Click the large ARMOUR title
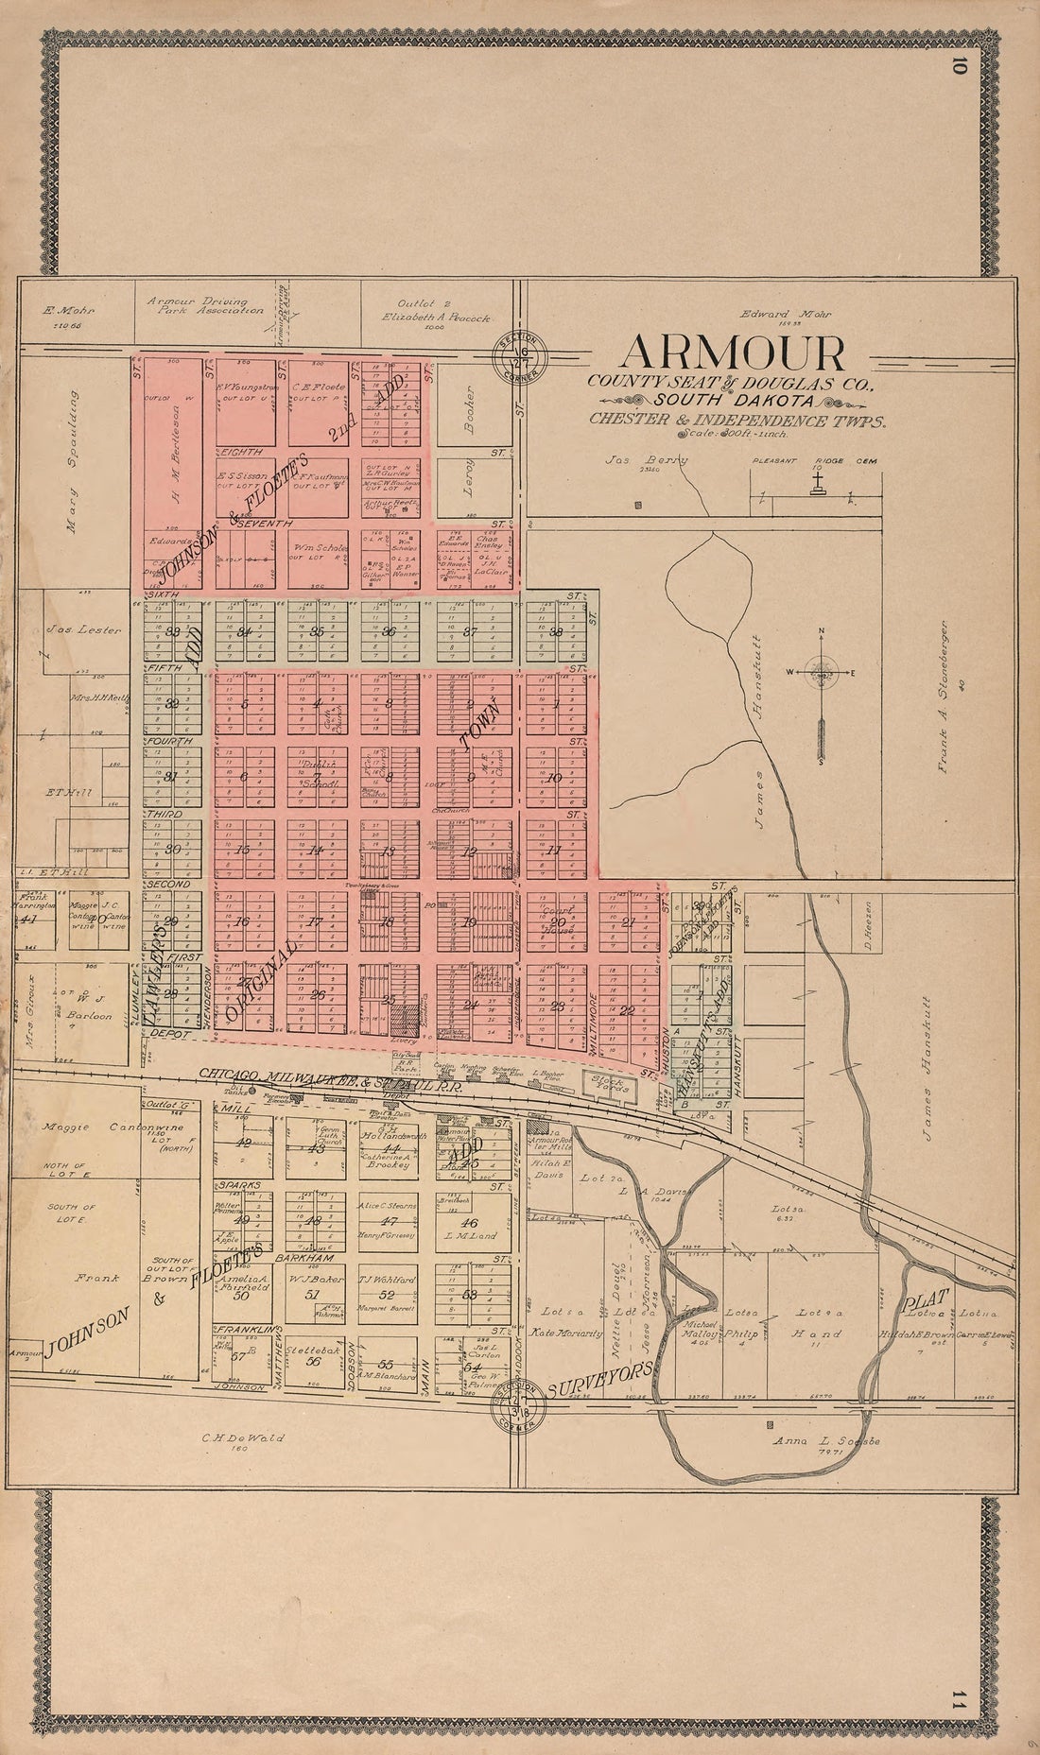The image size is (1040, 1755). tap(731, 353)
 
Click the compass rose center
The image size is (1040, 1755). tap(822, 672)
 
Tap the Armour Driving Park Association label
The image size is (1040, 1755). tap(205, 305)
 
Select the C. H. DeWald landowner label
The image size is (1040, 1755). tap(242, 1438)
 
